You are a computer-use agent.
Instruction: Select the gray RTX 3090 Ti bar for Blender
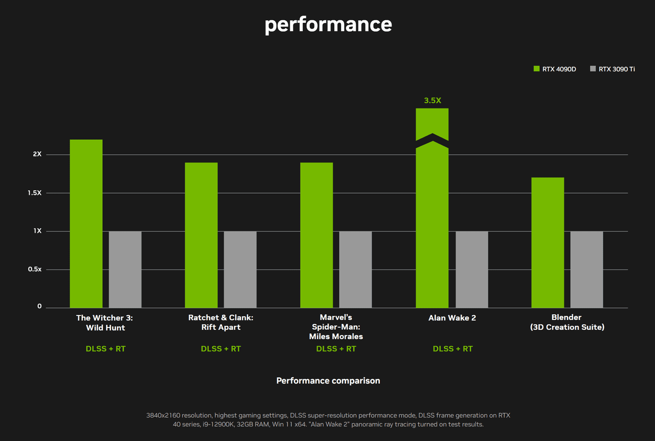pyautogui.click(x=586, y=269)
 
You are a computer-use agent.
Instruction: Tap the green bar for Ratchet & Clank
pyautogui.click(x=201, y=235)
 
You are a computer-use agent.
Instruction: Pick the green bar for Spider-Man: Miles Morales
pyautogui.click(x=316, y=235)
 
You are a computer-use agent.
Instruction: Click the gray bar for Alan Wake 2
pyautogui.click(x=472, y=269)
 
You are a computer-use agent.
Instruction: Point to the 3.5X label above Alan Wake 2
pyautogui.click(x=432, y=100)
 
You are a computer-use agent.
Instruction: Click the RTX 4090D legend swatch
pyautogui.click(x=537, y=69)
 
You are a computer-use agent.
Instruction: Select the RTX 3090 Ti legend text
pyautogui.click(x=617, y=69)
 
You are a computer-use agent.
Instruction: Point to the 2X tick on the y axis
pyautogui.click(x=37, y=154)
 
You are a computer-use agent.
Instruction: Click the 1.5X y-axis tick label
pyautogui.click(x=35, y=193)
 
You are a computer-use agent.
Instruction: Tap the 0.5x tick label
pyautogui.click(x=35, y=269)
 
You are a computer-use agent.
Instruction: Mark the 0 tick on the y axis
pyautogui.click(x=39, y=306)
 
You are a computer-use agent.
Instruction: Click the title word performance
pyautogui.click(x=328, y=24)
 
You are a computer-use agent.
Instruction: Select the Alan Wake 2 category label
pyautogui.click(x=452, y=318)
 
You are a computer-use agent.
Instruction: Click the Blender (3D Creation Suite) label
pyautogui.click(x=567, y=322)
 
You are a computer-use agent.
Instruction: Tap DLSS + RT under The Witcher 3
pyautogui.click(x=105, y=349)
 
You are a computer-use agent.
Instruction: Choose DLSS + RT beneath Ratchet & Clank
pyautogui.click(x=221, y=349)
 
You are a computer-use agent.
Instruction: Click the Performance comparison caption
pyautogui.click(x=328, y=380)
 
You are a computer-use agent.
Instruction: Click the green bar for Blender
pyautogui.click(x=548, y=242)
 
